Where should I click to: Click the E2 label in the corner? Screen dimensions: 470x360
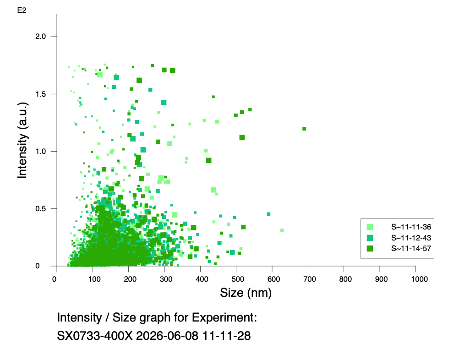pos(22,11)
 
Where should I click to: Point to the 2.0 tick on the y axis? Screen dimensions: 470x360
pos(40,37)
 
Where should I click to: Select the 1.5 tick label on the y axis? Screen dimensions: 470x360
pos(40,94)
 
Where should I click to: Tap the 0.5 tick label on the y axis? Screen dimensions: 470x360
pos(40,209)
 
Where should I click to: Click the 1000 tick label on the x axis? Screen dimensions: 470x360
pos(419,279)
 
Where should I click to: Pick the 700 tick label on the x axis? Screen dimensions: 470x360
pos(310,279)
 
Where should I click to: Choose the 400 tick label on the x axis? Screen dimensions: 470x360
pos(202,279)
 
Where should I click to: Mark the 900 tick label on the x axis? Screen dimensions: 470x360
pos(381,279)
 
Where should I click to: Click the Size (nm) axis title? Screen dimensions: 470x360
pos(246,293)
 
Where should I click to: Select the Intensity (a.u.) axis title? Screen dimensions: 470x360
pos(22,140)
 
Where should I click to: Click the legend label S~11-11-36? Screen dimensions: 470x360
pos(411,227)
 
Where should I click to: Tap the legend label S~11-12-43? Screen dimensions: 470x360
pos(411,238)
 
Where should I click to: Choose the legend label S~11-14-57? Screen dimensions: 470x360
pos(411,248)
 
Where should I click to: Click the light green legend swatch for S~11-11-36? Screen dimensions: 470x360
pos(370,227)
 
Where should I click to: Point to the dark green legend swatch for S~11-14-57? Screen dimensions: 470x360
pos(370,249)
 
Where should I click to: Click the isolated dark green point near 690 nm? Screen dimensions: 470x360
pos(304,129)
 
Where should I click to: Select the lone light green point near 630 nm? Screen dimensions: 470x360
pos(282,230)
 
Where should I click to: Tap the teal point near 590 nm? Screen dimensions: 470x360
pos(268,214)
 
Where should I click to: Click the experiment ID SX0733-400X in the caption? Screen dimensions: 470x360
pos(95,336)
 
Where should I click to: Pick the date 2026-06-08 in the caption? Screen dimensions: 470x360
pos(167,336)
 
